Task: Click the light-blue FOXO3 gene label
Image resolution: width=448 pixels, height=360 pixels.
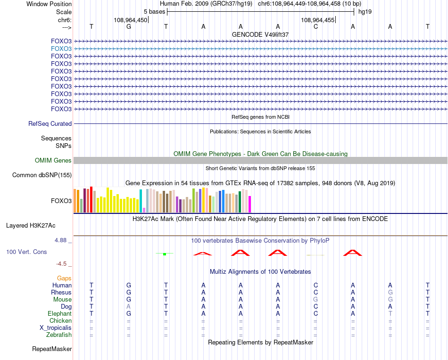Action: pyautogui.click(x=61, y=49)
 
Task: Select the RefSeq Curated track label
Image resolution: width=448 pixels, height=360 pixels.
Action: pyautogui.click(x=50, y=123)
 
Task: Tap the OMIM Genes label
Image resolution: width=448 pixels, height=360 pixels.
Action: pyautogui.click(x=53, y=161)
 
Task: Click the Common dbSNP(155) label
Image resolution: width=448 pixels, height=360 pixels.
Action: pyautogui.click(x=42, y=175)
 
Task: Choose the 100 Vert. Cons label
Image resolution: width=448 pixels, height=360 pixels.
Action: pyautogui.click(x=26, y=252)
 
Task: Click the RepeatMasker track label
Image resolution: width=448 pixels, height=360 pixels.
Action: pyautogui.click(x=52, y=349)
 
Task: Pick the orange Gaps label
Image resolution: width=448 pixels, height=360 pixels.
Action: pyautogui.click(x=64, y=278)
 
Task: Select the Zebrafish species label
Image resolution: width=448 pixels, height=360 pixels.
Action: pyautogui.click(x=59, y=335)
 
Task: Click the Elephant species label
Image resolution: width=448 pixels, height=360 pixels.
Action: pyautogui.click(x=60, y=314)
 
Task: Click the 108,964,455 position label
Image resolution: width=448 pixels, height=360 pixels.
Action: pyautogui.click(x=317, y=20)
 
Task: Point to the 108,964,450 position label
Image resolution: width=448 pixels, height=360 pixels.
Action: pyautogui.click(x=131, y=20)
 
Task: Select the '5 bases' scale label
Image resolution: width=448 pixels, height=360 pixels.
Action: pyautogui.click(x=154, y=11)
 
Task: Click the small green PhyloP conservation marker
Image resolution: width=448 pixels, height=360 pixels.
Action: pyautogui.click(x=164, y=254)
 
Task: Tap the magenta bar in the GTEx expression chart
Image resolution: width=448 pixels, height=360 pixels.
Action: pyautogui.click(x=249, y=204)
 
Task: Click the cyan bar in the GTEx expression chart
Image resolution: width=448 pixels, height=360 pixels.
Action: pyautogui.click(x=141, y=201)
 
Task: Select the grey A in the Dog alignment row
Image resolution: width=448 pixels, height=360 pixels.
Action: pyautogui.click(x=128, y=307)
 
